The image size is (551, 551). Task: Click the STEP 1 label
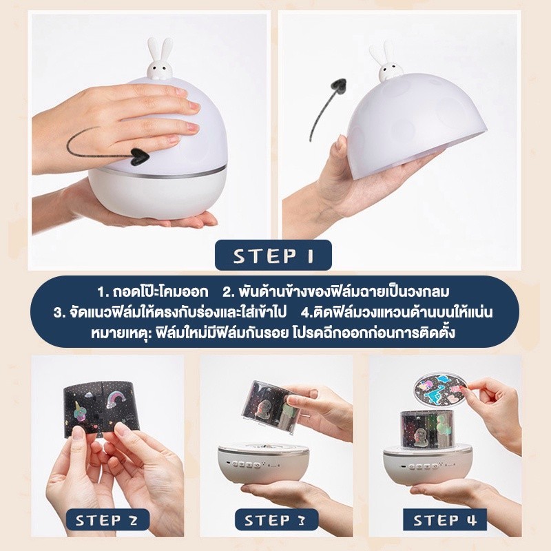[273, 256]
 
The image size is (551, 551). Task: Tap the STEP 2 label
[107, 520]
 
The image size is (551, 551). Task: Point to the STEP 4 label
[445, 520]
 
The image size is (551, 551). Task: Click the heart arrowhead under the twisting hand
[139, 156]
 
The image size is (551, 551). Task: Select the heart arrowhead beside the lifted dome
[340, 87]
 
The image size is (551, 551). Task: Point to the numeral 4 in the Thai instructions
[306, 313]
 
